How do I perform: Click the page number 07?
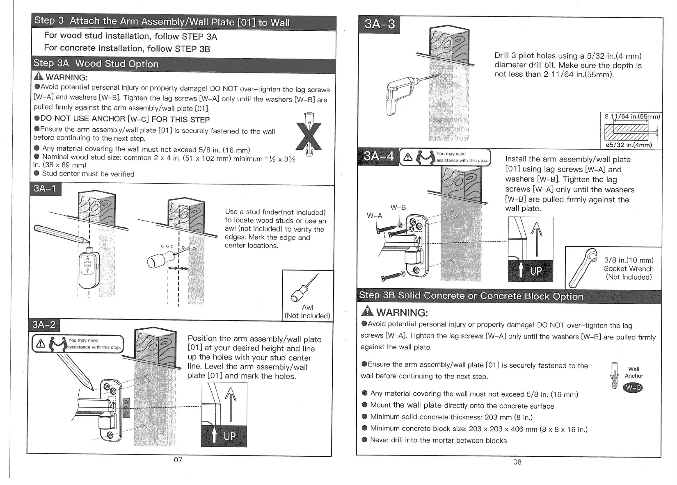[178, 460]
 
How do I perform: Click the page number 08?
[517, 462]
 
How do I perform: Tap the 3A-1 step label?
[46, 189]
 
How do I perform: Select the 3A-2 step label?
[44, 325]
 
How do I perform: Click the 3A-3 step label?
[380, 24]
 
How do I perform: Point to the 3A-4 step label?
[378, 157]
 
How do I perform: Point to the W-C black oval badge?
[633, 388]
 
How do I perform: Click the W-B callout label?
[398, 208]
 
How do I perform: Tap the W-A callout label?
[374, 216]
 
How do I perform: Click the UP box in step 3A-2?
[224, 436]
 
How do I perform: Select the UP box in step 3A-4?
[531, 271]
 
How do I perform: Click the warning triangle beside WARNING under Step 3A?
[39, 77]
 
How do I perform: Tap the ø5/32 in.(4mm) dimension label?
[629, 145]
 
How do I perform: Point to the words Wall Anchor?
[634, 372]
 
